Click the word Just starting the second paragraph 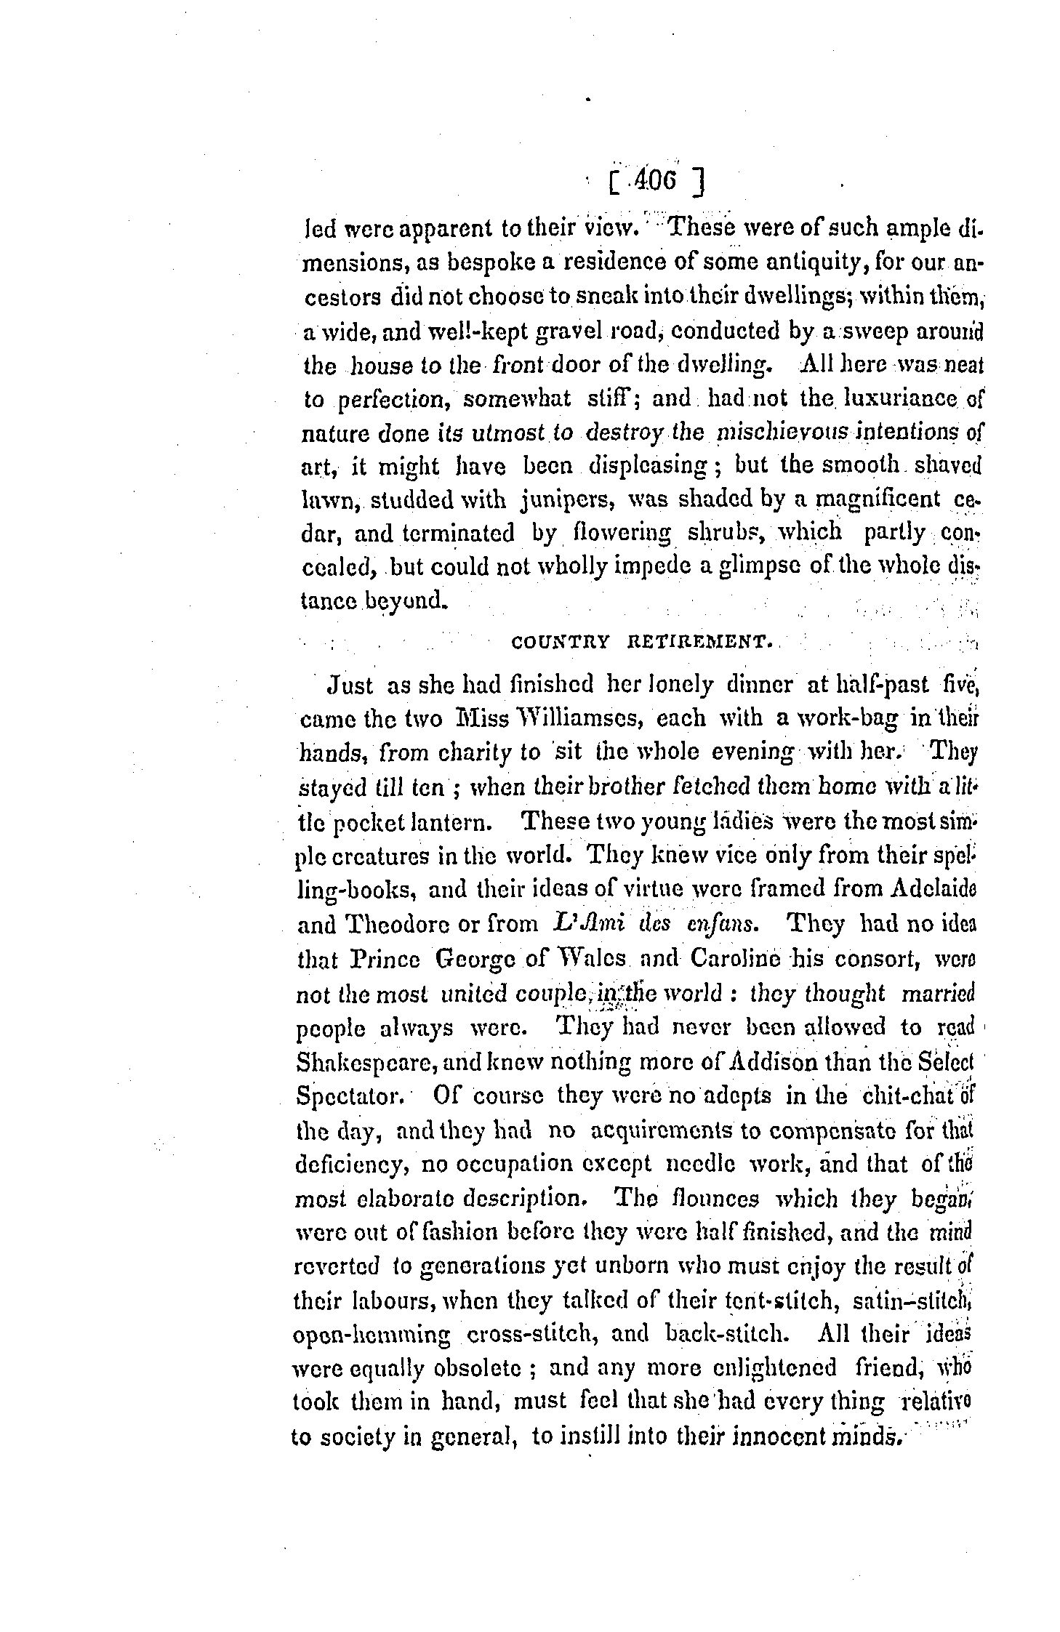[350, 685]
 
